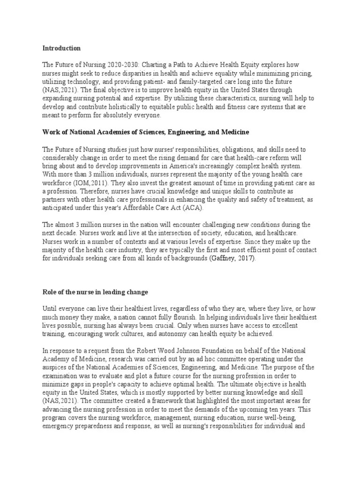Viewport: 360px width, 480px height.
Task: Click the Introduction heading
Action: [61, 48]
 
